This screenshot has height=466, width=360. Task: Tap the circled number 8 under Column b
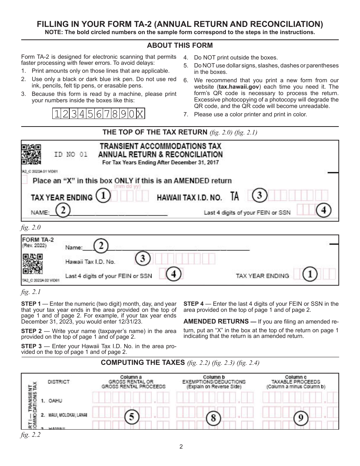coord(213,418)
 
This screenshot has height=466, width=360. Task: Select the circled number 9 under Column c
coord(300,418)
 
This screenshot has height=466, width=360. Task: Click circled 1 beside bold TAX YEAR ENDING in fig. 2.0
coord(103,196)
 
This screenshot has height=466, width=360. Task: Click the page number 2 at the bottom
coord(181,446)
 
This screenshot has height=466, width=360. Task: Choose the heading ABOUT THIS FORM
coord(180,45)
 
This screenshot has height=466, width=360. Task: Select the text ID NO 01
coord(71,155)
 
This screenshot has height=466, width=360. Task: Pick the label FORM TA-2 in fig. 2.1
coord(35,239)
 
